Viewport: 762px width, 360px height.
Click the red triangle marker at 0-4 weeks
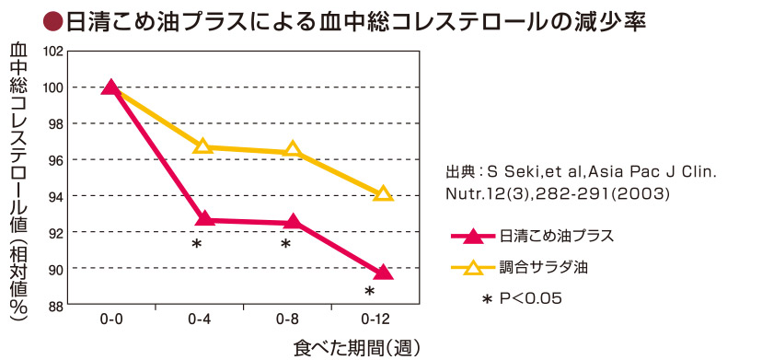(x=203, y=219)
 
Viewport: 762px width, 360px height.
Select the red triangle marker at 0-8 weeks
(x=293, y=221)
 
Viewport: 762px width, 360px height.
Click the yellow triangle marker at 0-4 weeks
(x=203, y=146)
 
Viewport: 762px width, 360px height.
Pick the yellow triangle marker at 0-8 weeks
(x=293, y=150)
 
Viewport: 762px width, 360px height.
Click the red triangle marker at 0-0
(x=112, y=87)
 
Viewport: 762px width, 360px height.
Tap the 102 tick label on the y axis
(x=53, y=52)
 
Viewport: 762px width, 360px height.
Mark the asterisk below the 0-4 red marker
(x=196, y=244)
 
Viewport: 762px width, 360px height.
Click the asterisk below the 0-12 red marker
(x=369, y=292)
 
